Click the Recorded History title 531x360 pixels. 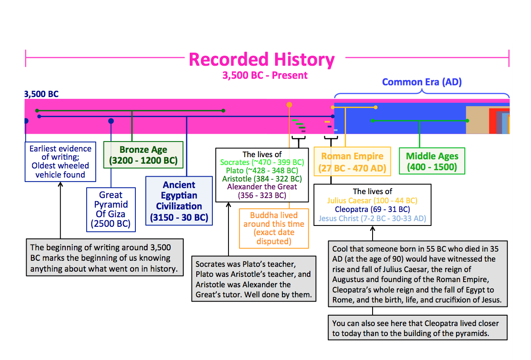click(x=262, y=60)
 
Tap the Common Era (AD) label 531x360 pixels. click(x=421, y=82)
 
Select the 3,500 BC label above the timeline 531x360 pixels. click(x=41, y=94)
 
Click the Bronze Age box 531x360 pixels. click(x=143, y=155)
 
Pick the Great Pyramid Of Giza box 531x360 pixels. click(x=111, y=209)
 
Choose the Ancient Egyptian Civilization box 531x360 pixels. click(x=179, y=201)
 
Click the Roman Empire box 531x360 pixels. click(x=352, y=161)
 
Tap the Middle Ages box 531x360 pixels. click(x=432, y=161)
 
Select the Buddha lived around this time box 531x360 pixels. click(x=274, y=228)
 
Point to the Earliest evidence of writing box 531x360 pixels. click(x=60, y=161)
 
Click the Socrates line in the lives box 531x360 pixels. click(x=262, y=162)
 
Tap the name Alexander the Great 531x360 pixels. click(x=262, y=187)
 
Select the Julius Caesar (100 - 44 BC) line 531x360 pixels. click(x=372, y=201)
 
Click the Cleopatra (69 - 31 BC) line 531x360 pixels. click(x=372, y=209)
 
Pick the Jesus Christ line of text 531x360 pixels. click(x=372, y=218)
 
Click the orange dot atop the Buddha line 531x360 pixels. click(x=289, y=105)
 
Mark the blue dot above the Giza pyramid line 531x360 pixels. click(x=111, y=121)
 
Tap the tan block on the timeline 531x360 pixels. click(x=476, y=120)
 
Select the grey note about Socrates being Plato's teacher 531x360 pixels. click(x=253, y=279)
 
